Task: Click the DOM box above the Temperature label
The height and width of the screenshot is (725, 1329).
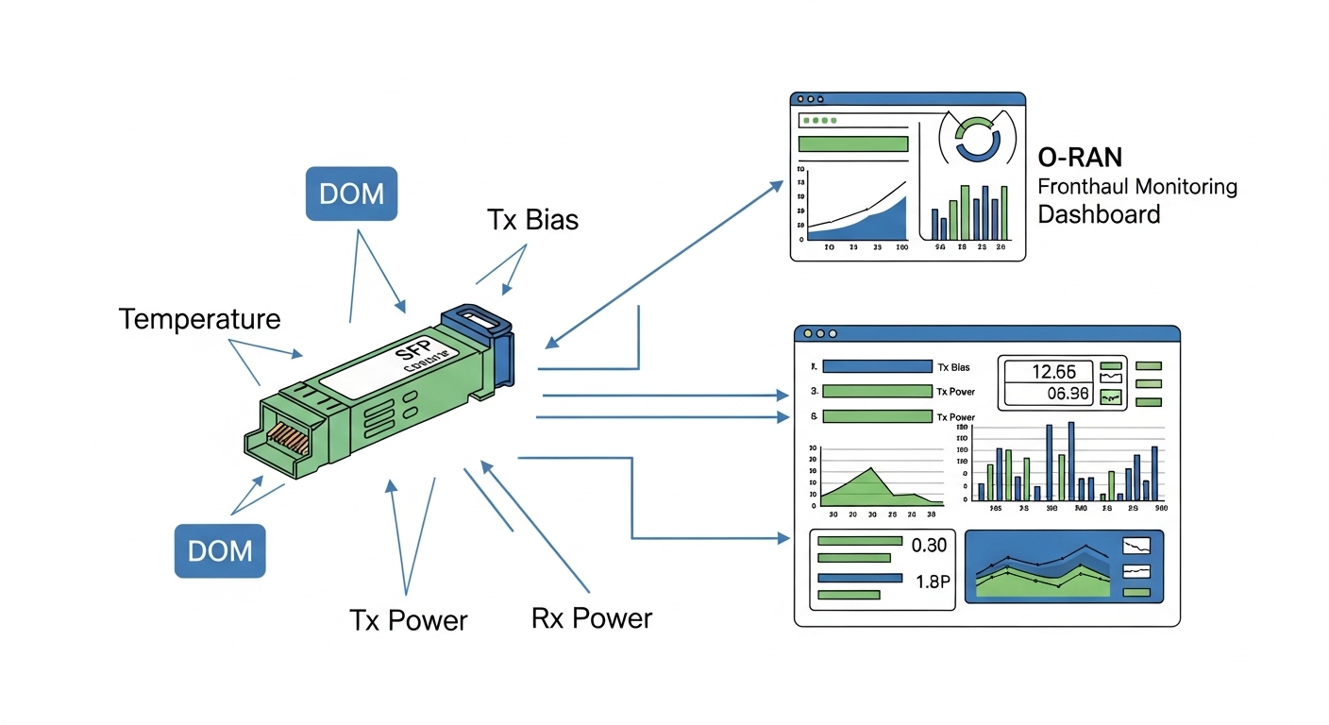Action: [x=352, y=194]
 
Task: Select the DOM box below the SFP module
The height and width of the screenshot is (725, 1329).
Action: [x=220, y=550]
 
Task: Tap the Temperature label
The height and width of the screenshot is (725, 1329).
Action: [x=199, y=319]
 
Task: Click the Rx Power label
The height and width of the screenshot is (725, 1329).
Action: [x=591, y=618]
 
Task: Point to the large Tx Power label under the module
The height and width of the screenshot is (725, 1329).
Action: [x=408, y=620]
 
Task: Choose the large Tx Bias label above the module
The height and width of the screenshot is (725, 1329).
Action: [x=532, y=220]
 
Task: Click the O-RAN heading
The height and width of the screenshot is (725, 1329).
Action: [x=1080, y=157]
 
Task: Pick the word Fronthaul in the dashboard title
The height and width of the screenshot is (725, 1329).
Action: [x=1084, y=186]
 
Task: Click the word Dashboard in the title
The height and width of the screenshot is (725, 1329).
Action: [x=1099, y=214]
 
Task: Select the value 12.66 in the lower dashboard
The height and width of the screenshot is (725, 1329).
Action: [x=1048, y=371]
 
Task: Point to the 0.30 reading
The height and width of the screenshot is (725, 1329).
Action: [x=930, y=545]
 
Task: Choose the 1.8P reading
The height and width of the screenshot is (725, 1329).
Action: [x=932, y=582]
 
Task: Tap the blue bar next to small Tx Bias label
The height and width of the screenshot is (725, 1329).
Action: [x=877, y=366]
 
